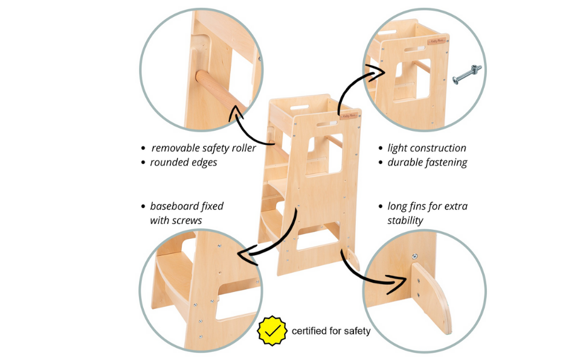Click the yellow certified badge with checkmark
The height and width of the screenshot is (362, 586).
[x=272, y=330]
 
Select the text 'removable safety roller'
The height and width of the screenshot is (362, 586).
[x=204, y=148]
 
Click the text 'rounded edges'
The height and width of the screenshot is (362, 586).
[x=183, y=163]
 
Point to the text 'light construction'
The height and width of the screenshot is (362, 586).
[x=427, y=148]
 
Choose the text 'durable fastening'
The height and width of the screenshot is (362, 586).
[x=427, y=163]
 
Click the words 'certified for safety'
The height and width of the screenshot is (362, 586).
[x=331, y=331]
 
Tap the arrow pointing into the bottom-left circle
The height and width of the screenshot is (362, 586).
[x=272, y=238]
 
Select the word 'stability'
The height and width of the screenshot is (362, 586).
[x=405, y=221]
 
